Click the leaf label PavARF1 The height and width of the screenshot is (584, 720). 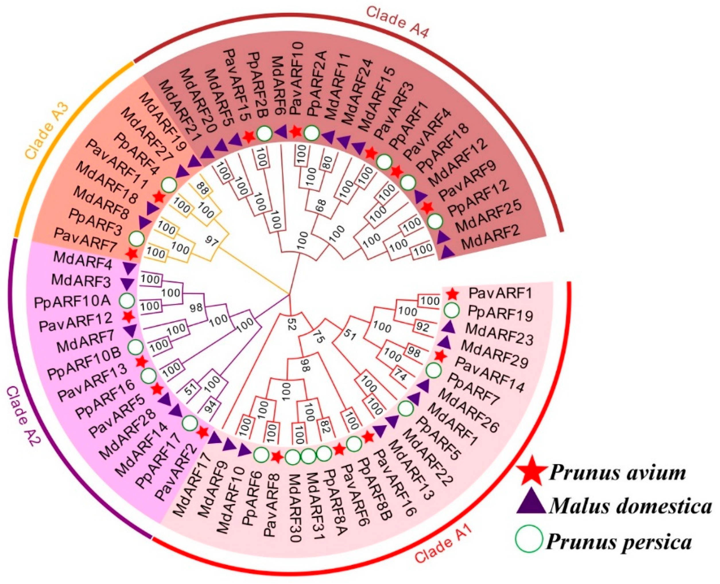(x=500, y=294)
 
